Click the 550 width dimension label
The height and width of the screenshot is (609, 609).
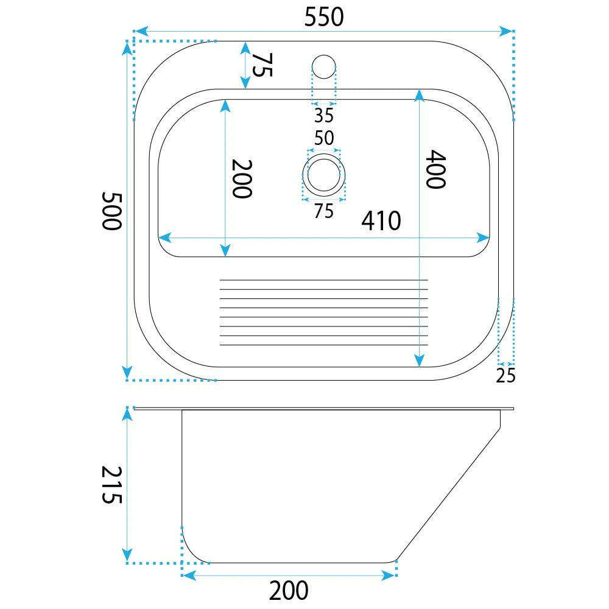pos(324,17)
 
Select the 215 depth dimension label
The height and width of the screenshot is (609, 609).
pos(112,485)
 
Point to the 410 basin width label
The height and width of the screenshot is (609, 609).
pos(381,221)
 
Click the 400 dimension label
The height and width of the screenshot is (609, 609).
pos(436,169)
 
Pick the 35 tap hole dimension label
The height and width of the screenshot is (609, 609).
pos(324,115)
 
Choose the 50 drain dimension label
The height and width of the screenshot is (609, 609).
pos(324,138)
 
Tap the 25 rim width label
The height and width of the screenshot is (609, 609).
pos(505,376)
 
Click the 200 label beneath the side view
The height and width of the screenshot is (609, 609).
pos(289,591)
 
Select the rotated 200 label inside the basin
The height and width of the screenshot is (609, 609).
pos(242,179)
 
